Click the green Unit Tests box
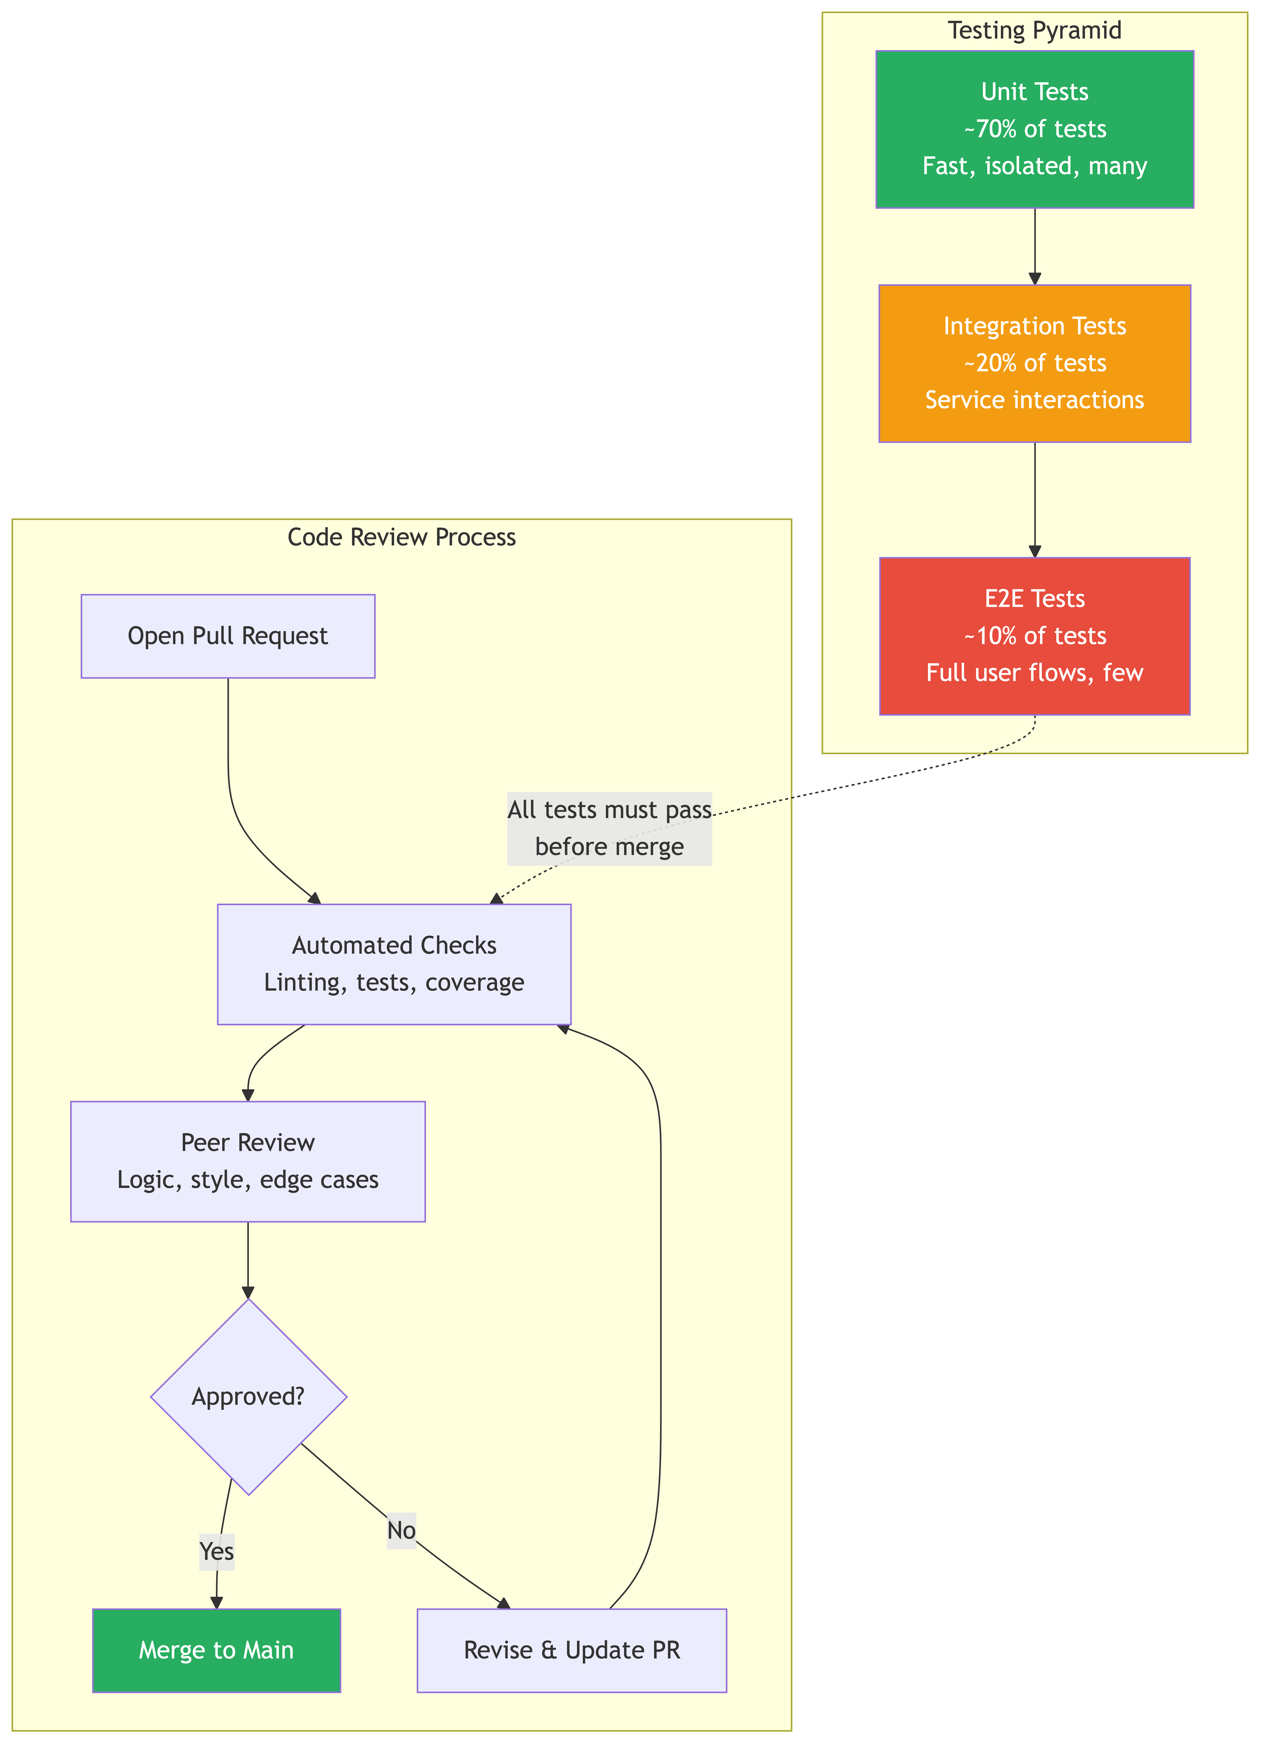tap(1035, 129)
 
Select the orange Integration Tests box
tap(1035, 363)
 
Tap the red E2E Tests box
tap(1035, 636)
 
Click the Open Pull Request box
tap(228, 636)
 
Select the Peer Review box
tap(248, 1162)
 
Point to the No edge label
tap(401, 1531)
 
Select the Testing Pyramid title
tap(1035, 30)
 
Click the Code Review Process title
tap(401, 537)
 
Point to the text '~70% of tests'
tap(1035, 129)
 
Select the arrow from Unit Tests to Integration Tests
tap(1035, 246)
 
